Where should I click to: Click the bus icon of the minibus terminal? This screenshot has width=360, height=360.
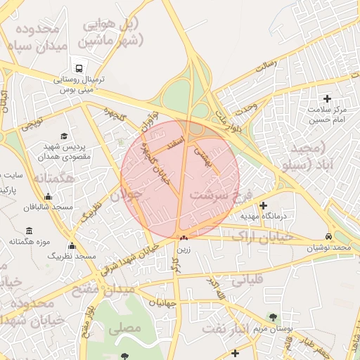[78, 68]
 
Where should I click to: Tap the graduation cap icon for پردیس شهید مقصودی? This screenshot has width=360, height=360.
[64, 136]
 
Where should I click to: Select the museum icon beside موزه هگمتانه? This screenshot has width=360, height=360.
[29, 231]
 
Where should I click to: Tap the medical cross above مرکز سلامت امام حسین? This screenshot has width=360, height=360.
[326, 98]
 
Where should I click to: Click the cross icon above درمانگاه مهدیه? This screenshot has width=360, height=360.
[264, 206]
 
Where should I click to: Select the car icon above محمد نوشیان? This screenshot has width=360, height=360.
[329, 236]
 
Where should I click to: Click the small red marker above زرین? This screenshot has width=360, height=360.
[184, 238]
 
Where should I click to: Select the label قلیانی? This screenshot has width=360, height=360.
[246, 280]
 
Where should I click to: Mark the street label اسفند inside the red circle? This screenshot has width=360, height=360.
[174, 143]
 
